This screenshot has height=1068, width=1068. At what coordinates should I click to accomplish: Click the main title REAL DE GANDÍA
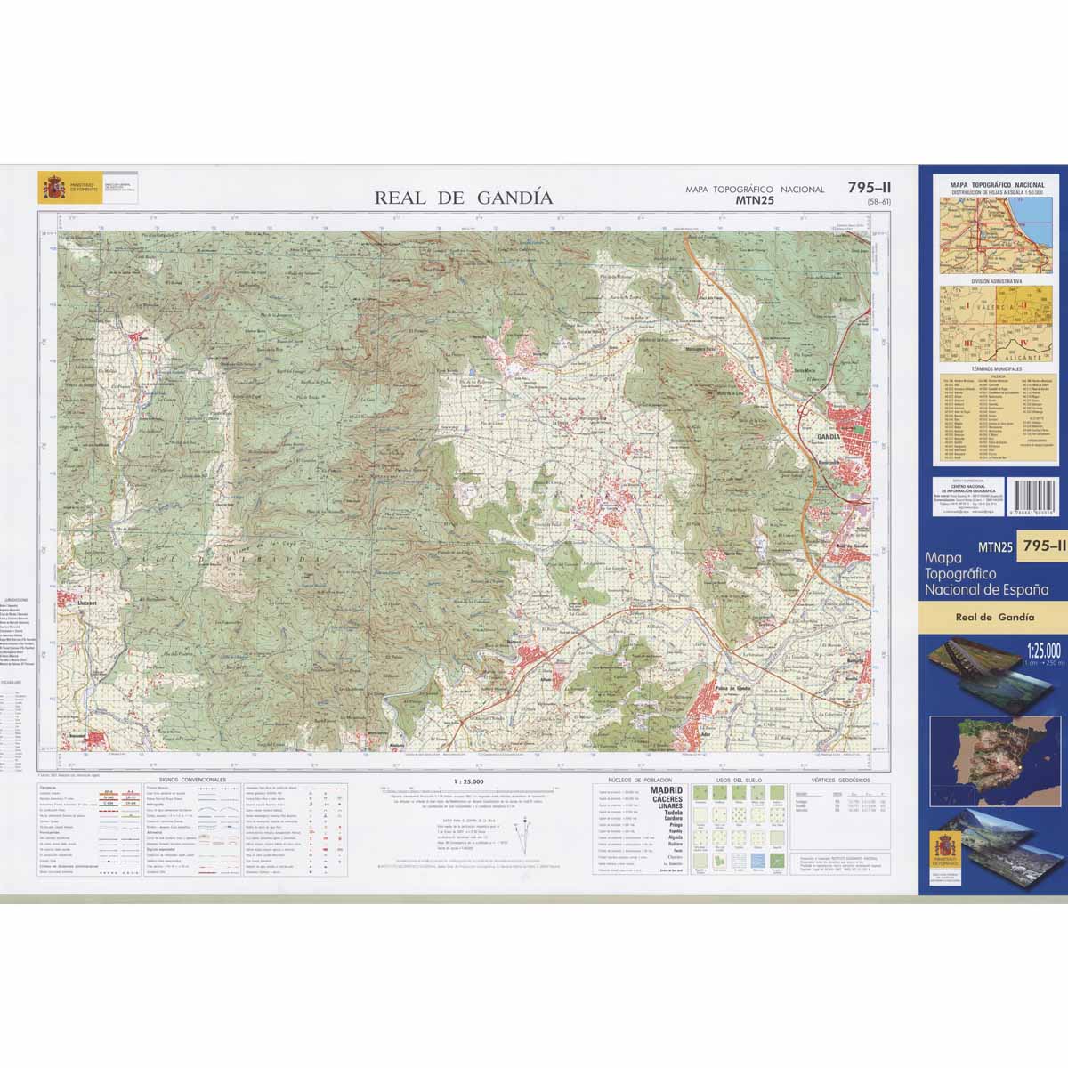point(464,198)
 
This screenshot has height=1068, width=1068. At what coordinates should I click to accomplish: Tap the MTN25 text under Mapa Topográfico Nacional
point(756,201)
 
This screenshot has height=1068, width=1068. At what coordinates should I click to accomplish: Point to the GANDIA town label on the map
point(827,437)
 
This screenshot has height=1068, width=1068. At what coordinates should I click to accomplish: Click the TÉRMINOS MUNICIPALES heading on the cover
point(994,368)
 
